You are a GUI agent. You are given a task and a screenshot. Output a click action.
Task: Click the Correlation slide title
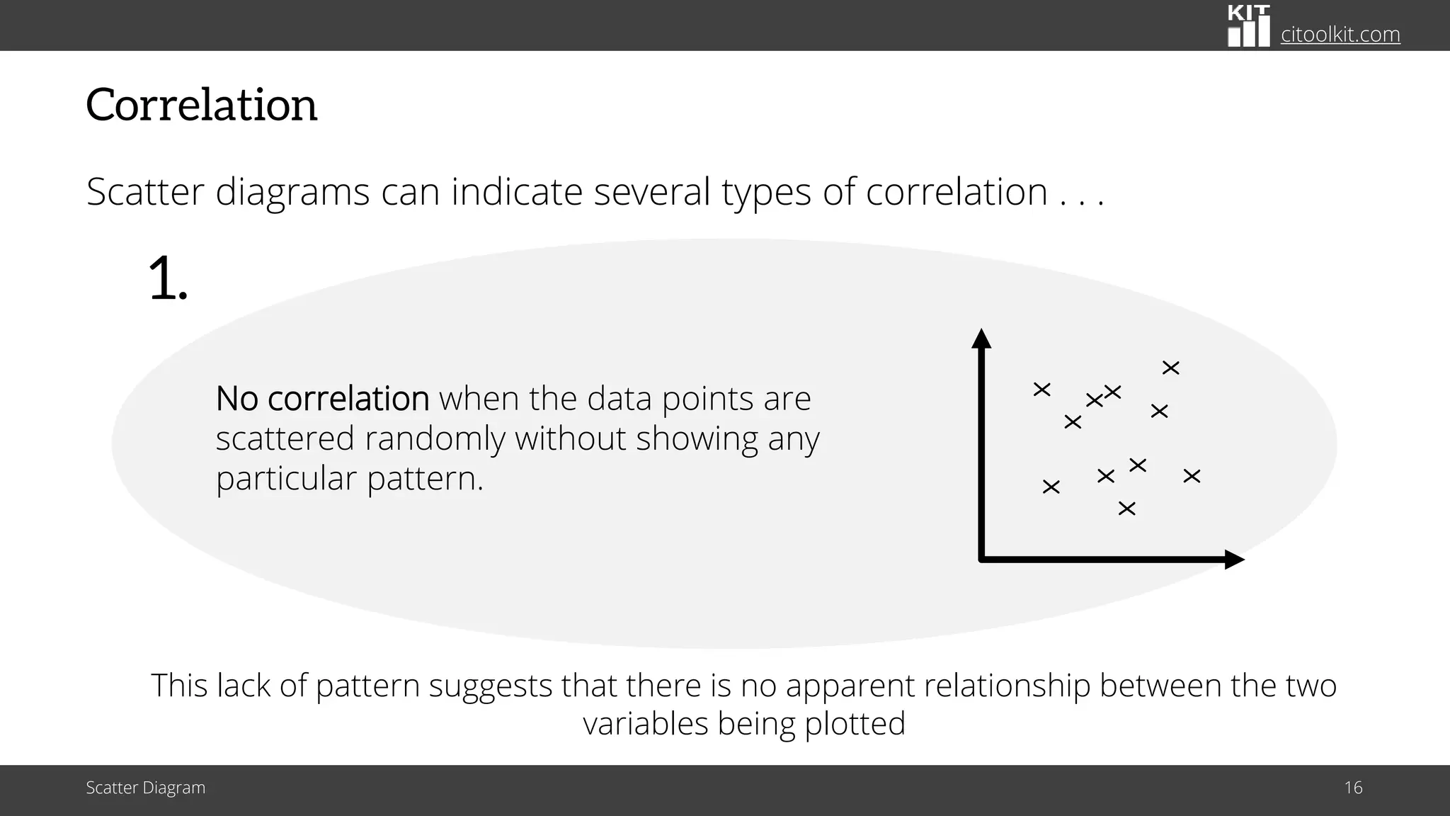pos(202,105)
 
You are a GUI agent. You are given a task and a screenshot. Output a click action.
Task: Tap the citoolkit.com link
pos(1340,34)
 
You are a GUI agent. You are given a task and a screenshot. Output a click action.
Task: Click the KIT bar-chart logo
pos(1249,26)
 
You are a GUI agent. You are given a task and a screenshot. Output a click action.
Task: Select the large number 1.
pos(168,280)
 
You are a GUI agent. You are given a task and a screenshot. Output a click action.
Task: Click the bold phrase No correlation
pos(322,399)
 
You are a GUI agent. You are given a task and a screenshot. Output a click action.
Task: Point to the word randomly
pos(435,438)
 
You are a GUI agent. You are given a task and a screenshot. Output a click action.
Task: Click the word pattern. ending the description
pos(425,479)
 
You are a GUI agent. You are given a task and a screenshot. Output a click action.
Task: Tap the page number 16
pos(1353,788)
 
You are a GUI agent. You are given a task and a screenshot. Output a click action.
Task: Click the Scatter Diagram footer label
pos(146,788)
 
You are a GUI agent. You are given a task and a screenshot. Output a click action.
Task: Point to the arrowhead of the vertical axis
pos(981,339)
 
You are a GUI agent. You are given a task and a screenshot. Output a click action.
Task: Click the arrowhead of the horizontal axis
pos(1234,560)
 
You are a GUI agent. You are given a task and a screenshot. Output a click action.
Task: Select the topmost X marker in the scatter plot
pos(1171,368)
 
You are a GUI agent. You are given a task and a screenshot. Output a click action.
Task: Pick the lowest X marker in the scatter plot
pos(1126,509)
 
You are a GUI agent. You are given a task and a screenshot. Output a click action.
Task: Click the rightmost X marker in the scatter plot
pos(1192,476)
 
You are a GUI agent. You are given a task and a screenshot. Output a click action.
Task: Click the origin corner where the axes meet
pos(982,560)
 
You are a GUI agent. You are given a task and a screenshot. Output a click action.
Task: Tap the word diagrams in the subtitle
pos(292,192)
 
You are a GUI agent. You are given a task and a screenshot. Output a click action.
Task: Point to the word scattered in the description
pos(285,438)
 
